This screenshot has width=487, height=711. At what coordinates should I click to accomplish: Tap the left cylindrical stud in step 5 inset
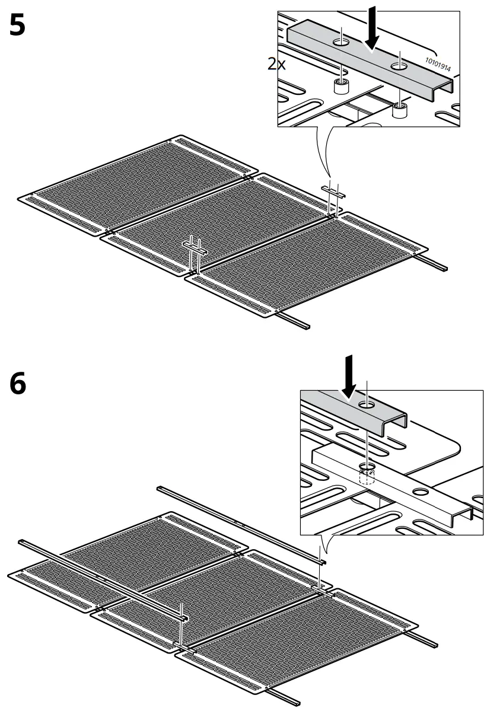[x=340, y=88]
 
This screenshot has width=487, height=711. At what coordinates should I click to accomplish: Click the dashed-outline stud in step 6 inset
[x=367, y=475]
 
